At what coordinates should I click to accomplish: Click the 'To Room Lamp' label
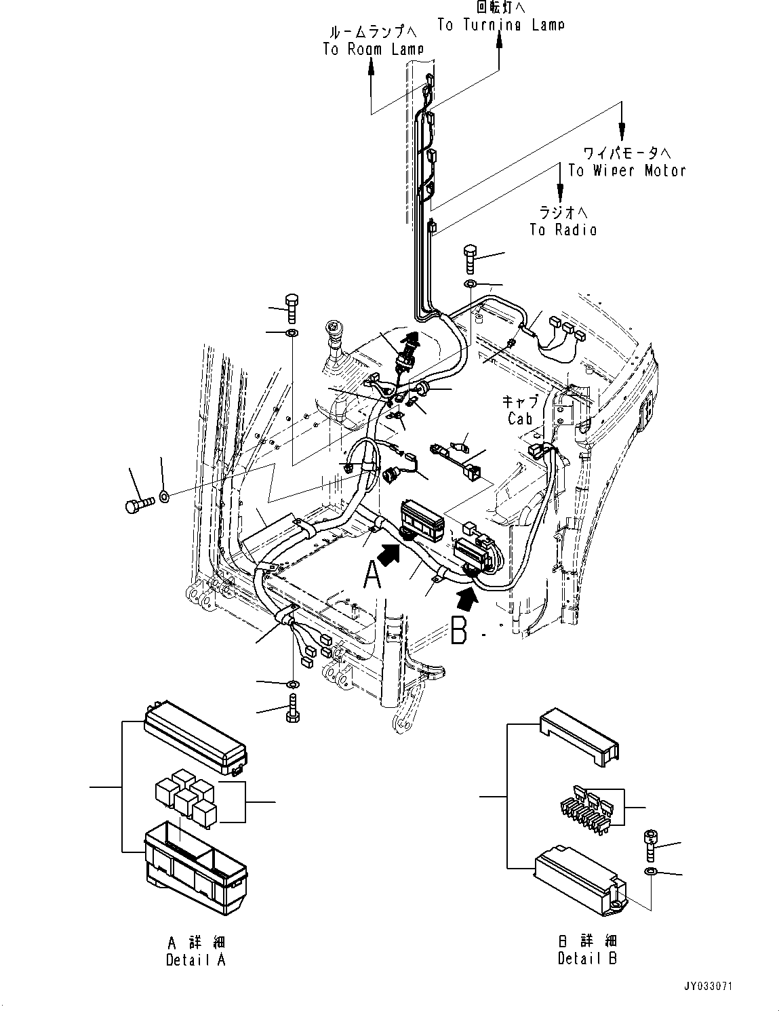[373, 49]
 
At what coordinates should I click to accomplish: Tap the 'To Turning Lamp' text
[500, 25]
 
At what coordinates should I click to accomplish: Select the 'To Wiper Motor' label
[626, 171]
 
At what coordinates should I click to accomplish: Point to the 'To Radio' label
[563, 230]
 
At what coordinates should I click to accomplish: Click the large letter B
[459, 629]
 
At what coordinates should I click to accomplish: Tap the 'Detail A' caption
[195, 959]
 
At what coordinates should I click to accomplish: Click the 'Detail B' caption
[587, 958]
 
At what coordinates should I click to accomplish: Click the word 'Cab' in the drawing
[520, 419]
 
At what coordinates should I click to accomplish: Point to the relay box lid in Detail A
[195, 739]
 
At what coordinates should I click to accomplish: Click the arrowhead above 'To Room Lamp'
[372, 64]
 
